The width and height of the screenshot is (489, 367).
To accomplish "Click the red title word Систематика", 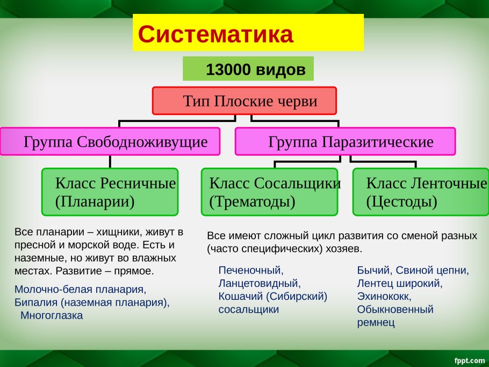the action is (x=215, y=34).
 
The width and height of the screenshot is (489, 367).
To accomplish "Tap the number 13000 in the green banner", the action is (x=228, y=69).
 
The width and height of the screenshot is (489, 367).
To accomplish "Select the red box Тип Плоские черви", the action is (x=244, y=100).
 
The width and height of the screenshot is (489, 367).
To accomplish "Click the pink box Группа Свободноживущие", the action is (x=110, y=141).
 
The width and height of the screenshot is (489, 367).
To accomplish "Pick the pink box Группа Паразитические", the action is (x=345, y=141).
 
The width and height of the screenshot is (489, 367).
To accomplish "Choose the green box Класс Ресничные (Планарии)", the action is (x=110, y=192).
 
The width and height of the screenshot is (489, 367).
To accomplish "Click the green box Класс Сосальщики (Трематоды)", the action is (x=269, y=192).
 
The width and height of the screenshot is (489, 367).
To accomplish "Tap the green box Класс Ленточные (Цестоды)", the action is (x=421, y=192).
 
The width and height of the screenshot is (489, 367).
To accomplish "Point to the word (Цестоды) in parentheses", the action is (x=402, y=202).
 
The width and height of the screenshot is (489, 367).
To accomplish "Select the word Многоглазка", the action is (x=52, y=315).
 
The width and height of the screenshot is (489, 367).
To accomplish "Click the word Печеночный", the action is (x=251, y=270).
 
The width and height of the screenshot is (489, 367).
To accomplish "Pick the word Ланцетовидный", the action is (x=260, y=283).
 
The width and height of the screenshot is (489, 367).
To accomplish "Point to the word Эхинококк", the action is (x=384, y=296).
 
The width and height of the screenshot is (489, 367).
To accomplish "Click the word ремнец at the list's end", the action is (x=376, y=322).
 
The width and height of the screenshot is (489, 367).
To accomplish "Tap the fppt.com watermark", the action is (x=470, y=361).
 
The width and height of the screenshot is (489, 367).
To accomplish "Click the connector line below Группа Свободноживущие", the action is (x=110, y=162).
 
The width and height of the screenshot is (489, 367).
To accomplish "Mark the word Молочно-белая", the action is (x=53, y=289).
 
